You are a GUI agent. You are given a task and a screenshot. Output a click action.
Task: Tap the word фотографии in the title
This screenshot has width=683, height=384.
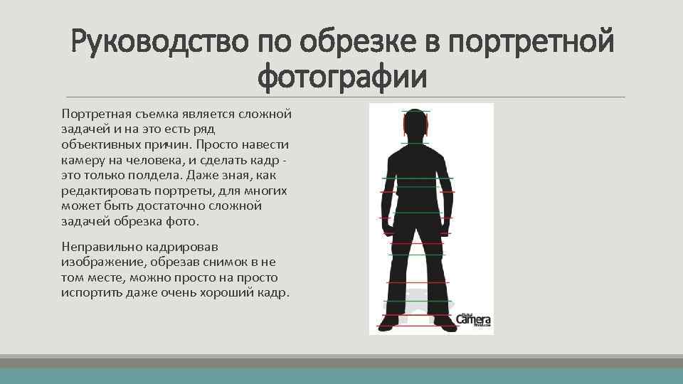(x=343, y=77)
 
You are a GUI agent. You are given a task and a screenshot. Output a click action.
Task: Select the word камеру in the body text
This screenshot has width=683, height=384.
(x=83, y=160)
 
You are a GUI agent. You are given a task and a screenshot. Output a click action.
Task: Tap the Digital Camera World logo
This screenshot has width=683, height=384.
(x=473, y=320)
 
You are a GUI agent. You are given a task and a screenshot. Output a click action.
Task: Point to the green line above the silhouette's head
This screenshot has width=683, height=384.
(x=415, y=111)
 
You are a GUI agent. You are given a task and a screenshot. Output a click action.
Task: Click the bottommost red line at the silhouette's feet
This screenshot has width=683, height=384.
(x=417, y=326)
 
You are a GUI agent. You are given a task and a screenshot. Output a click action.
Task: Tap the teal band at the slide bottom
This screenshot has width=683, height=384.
(x=341, y=376)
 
